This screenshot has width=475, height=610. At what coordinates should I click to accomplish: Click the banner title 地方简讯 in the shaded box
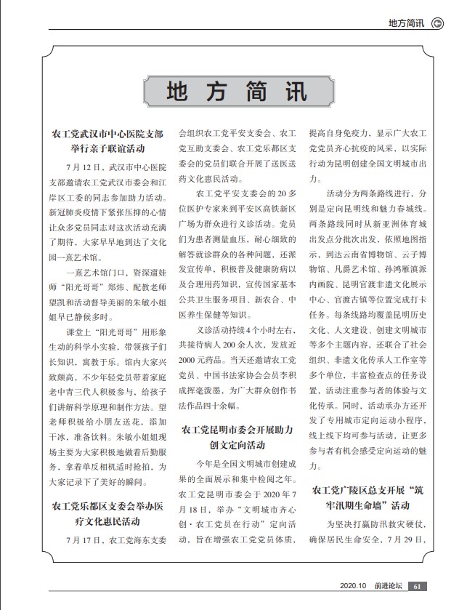point(237,92)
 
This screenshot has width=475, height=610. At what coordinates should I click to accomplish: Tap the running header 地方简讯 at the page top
point(406,23)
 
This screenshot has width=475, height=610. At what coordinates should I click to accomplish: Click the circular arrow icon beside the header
point(438,23)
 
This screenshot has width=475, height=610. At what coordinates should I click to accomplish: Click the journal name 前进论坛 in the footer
point(389,587)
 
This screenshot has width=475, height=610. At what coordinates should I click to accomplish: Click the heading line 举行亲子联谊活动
point(107,150)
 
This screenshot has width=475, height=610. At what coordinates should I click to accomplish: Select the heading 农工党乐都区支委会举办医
point(107,505)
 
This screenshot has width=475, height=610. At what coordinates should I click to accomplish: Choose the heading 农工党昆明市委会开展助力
point(236,431)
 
